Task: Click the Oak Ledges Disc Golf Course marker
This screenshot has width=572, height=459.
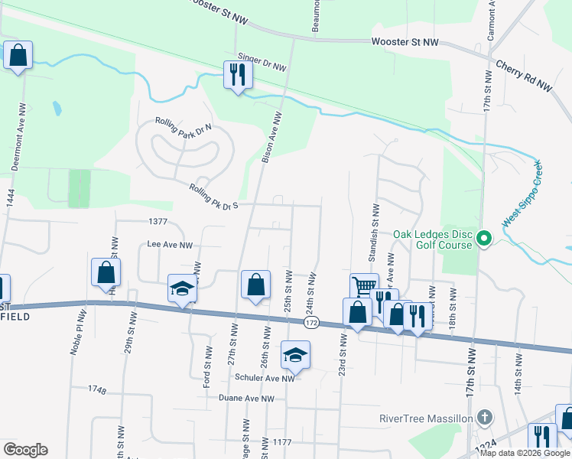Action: [483, 239]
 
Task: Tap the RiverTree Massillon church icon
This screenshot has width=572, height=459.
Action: [483, 418]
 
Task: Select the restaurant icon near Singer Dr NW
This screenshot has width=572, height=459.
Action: [237, 75]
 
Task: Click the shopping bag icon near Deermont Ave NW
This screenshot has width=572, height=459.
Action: [18, 55]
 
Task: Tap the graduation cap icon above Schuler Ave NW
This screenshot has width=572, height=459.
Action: [295, 355]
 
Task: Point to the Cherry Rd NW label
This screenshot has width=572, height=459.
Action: [524, 76]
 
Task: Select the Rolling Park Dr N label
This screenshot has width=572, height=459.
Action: [183, 128]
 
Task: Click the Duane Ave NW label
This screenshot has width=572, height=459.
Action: [245, 399]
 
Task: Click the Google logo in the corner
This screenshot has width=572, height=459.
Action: [25, 450]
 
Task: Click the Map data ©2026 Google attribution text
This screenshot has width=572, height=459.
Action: [525, 453]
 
